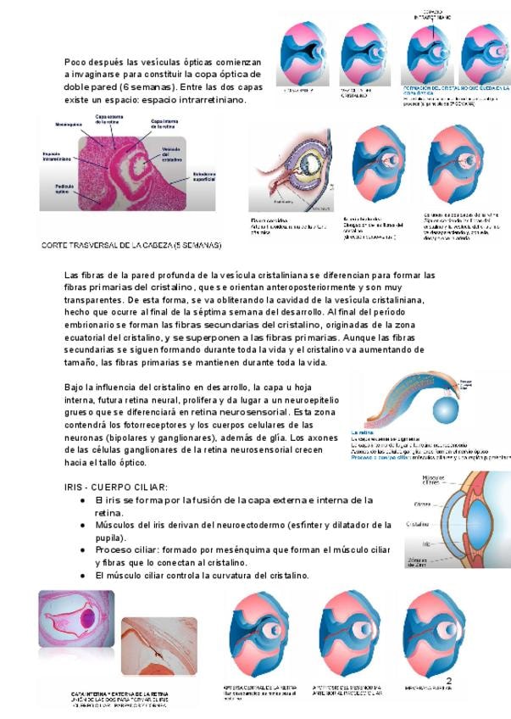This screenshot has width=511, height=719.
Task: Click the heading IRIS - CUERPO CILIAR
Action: click(x=116, y=487)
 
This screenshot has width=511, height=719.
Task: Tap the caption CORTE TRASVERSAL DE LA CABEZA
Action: click(x=131, y=245)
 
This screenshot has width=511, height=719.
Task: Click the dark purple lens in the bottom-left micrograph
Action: click(x=88, y=621)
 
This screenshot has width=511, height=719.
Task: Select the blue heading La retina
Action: click(x=363, y=432)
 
